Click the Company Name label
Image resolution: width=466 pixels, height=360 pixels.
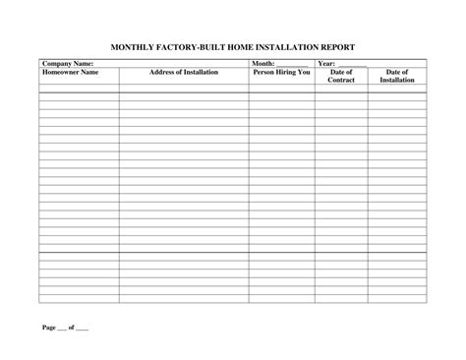coord(67,63)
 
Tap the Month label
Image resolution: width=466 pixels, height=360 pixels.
coord(262,63)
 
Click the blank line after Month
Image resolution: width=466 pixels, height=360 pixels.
coord(291,65)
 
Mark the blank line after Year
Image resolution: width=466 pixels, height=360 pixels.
coord(352,65)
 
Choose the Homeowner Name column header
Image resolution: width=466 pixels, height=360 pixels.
coord(71,72)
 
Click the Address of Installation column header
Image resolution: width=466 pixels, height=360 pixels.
coord(184,72)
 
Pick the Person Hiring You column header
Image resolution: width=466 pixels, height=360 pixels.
coord(281,72)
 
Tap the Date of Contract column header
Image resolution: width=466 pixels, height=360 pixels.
coord(341,76)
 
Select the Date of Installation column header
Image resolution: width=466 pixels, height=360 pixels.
coord(397,76)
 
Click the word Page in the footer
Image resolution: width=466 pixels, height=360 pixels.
coord(48,326)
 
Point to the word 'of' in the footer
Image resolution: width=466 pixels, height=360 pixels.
coord(71,326)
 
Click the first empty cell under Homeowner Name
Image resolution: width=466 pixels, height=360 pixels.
coord(79,88)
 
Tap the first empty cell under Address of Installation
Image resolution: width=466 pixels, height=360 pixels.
coord(184,88)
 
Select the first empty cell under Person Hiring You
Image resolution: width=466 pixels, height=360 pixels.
coord(281,88)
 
